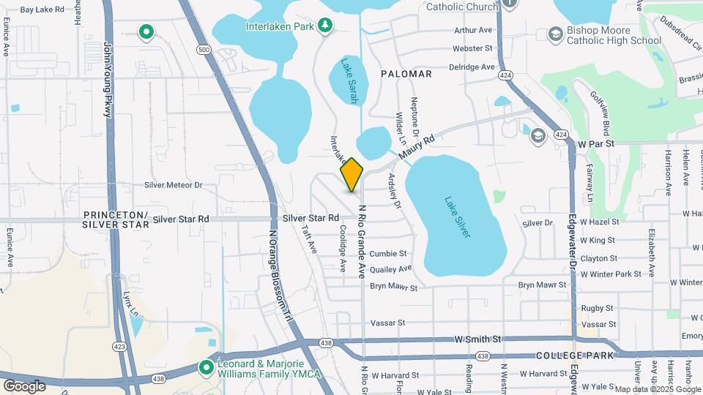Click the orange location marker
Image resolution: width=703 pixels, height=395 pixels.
pyautogui.click(x=351, y=174)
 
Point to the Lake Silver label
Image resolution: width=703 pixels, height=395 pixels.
pyautogui.click(x=457, y=217)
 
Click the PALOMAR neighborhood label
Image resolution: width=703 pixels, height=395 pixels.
pyautogui.click(x=406, y=74)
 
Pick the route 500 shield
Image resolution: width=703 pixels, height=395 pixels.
pyautogui.click(x=204, y=50)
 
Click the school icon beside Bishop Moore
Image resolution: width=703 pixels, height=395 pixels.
pyautogui.click(x=554, y=34)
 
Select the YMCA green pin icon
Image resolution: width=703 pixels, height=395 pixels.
pyautogui.click(x=209, y=367)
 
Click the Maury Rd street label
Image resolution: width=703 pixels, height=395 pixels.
pyautogui.click(x=417, y=147)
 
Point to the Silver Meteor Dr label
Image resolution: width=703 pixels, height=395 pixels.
pyautogui.click(x=173, y=185)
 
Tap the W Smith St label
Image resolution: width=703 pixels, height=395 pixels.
pyautogui.click(x=477, y=339)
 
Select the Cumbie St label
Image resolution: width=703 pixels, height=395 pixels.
pyautogui.click(x=388, y=254)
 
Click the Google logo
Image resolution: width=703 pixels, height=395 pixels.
pyautogui.click(x=24, y=385)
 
